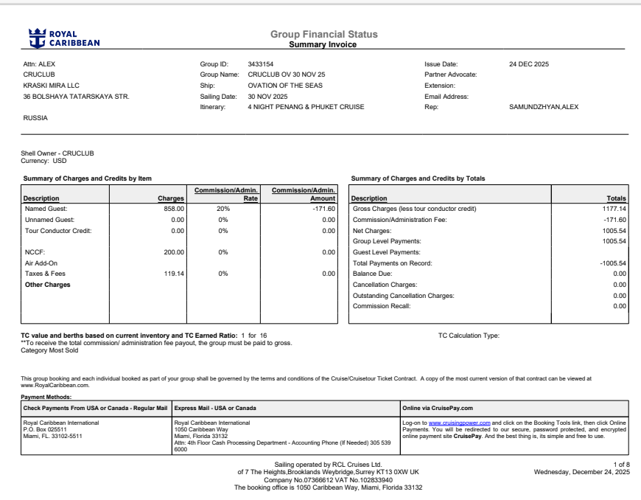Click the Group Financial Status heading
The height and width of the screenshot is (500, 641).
(323, 34)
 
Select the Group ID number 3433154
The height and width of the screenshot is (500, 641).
(261, 63)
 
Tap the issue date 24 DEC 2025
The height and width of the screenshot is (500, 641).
(529, 63)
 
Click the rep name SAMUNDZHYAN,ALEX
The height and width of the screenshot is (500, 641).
(544, 107)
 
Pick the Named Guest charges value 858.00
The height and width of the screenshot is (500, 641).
(173, 209)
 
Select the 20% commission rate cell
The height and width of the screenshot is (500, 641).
(223, 209)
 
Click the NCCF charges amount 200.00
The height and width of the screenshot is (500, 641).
(173, 252)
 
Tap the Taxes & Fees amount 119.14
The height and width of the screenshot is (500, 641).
(173, 274)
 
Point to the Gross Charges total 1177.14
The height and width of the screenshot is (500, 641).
(614, 209)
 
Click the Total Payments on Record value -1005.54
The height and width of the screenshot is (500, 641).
(611, 263)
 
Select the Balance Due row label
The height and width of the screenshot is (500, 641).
(374, 274)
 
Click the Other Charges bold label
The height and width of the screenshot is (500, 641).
(48, 285)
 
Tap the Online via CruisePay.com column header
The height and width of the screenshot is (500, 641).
(438, 407)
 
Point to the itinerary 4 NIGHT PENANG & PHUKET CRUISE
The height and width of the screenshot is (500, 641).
(306, 107)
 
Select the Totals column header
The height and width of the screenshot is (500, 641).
(616, 198)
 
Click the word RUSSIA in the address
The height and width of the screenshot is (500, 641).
(35, 118)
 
